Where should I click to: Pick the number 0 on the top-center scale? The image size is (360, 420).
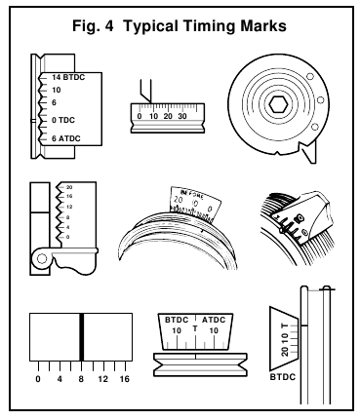140,115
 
